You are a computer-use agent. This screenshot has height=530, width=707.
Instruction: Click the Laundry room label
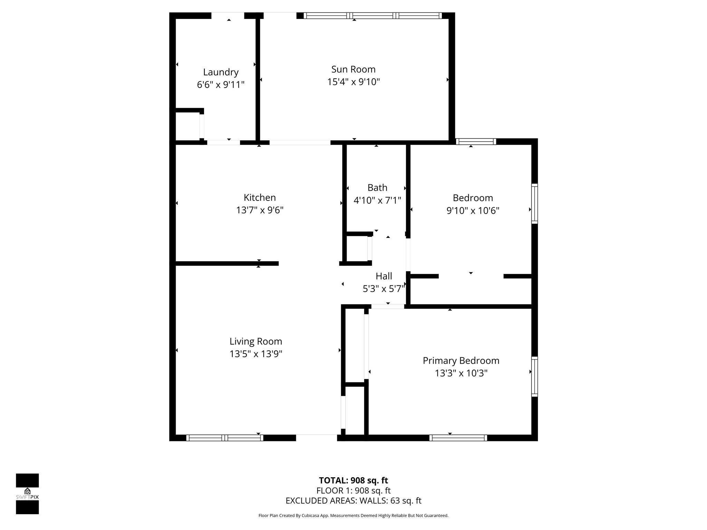pos(221,72)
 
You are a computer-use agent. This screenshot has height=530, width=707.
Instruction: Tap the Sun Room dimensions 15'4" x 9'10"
pos(353,82)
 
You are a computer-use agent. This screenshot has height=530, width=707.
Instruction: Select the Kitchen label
pos(260,197)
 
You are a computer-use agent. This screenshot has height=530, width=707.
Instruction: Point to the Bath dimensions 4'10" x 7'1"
pos(377,200)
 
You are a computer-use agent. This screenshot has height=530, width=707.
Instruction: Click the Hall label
pos(384,276)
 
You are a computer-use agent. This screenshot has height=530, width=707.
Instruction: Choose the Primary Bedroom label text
pos(461,361)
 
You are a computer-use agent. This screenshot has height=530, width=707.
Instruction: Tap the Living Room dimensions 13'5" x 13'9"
pos(256,354)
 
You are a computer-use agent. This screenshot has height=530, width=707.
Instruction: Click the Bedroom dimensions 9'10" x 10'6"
pos(473,210)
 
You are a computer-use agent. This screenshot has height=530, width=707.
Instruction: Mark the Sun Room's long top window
pos(372,16)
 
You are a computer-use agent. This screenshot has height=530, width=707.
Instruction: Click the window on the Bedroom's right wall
pos(534,204)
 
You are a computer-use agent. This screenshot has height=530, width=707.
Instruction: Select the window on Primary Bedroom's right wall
pos(534,376)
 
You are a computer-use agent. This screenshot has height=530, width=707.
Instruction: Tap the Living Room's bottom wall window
pos(225,438)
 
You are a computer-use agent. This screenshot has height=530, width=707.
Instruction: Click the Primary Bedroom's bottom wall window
pos(458,438)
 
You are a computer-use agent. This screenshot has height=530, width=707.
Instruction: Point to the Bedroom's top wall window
pos(476,141)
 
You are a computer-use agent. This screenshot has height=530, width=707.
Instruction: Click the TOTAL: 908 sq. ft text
pos(353,480)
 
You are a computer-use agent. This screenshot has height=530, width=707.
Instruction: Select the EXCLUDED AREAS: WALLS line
pos(353,501)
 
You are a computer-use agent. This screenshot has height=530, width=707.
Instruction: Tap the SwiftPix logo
pos(27,494)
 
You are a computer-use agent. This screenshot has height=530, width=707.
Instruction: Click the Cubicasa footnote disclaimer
pos(353,516)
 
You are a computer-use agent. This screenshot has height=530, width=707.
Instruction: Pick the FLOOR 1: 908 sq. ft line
pos(353,490)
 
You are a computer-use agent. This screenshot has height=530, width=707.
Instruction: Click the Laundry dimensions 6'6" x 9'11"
pos(221,85)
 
